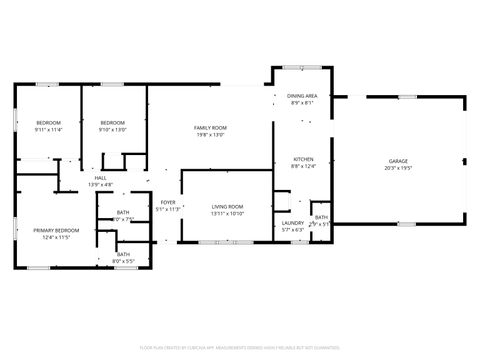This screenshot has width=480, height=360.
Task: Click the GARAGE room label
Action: point(398,160)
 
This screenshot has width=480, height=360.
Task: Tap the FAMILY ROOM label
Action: point(210,128)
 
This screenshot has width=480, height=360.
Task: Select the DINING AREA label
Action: point(303,96)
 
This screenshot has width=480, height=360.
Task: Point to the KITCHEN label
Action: point(303,159)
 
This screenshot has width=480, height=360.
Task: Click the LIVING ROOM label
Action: point(228,207)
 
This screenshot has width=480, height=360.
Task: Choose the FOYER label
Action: point(168,203)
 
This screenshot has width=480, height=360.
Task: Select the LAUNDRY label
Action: point(293,223)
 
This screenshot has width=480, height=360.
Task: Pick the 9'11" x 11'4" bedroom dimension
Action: point(48,129)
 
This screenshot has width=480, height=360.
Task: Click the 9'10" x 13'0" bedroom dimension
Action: point(112,129)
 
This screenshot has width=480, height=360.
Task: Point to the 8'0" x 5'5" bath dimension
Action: point(123,260)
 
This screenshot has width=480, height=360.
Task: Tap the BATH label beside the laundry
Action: point(321,217)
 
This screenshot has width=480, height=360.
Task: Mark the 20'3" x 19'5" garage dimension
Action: point(398,167)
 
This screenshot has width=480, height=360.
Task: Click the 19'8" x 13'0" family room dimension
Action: point(210,135)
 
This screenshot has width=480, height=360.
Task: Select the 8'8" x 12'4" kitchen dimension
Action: point(303,166)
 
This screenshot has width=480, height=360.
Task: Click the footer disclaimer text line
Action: point(240,347)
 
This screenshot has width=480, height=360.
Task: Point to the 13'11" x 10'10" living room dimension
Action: point(228,214)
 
